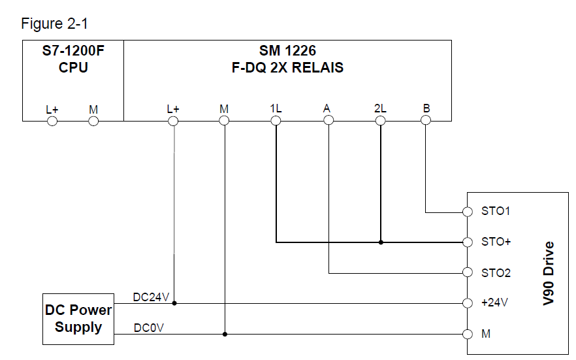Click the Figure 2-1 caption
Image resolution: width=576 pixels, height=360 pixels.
pyautogui.click(x=54, y=24)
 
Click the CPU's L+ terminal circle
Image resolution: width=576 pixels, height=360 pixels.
pyautogui.click(x=52, y=121)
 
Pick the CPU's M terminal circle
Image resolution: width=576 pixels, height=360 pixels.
pyautogui.click(x=93, y=121)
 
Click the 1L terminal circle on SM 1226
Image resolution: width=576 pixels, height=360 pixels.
pyautogui.click(x=276, y=121)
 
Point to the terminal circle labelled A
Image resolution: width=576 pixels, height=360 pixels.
pyautogui.click(x=328, y=121)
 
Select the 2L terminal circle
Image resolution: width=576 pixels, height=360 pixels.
pyautogui.click(x=381, y=121)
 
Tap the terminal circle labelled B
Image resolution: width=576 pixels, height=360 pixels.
pyautogui.click(x=426, y=121)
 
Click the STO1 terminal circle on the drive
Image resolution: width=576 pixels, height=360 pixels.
pyautogui.click(x=467, y=212)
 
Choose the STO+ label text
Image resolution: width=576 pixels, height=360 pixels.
pyautogui.click(x=496, y=242)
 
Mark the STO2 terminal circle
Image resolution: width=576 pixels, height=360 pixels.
pyautogui.click(x=467, y=272)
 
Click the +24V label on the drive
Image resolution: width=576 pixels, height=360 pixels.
pyautogui.click(x=494, y=303)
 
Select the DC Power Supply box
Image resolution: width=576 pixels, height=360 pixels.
pyautogui.click(x=78, y=319)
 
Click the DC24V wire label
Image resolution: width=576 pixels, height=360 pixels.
pyautogui.click(x=152, y=297)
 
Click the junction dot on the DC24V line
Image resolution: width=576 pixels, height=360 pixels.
pyautogui.click(x=174, y=303)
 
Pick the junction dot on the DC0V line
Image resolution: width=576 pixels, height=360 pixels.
pyautogui.click(x=225, y=334)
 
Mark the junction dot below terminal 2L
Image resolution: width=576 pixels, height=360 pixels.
pyautogui.click(x=381, y=242)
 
